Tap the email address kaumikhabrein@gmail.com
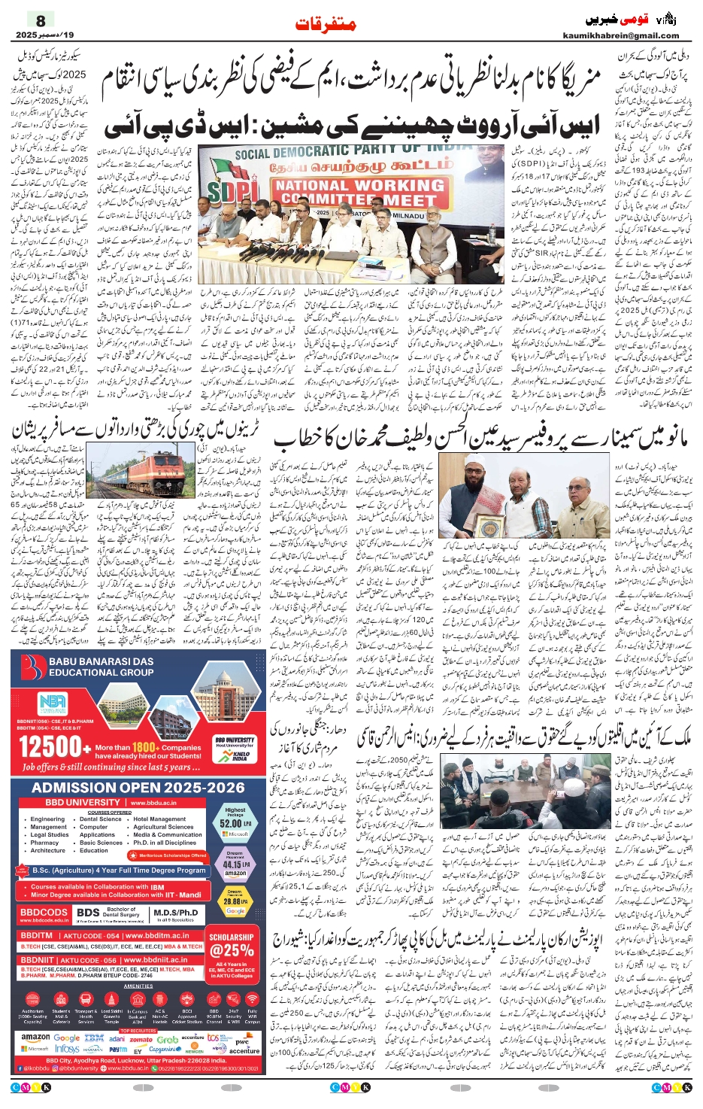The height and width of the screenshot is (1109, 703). (x=620, y=35)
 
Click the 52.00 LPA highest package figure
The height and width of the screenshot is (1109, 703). (x=235, y=823)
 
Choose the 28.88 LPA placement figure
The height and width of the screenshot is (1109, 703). (x=235, y=901)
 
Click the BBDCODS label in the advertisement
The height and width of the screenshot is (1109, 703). (x=44, y=913)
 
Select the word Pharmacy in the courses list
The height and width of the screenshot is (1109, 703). (x=44, y=843)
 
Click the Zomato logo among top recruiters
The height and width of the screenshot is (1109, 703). (x=141, y=1039)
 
